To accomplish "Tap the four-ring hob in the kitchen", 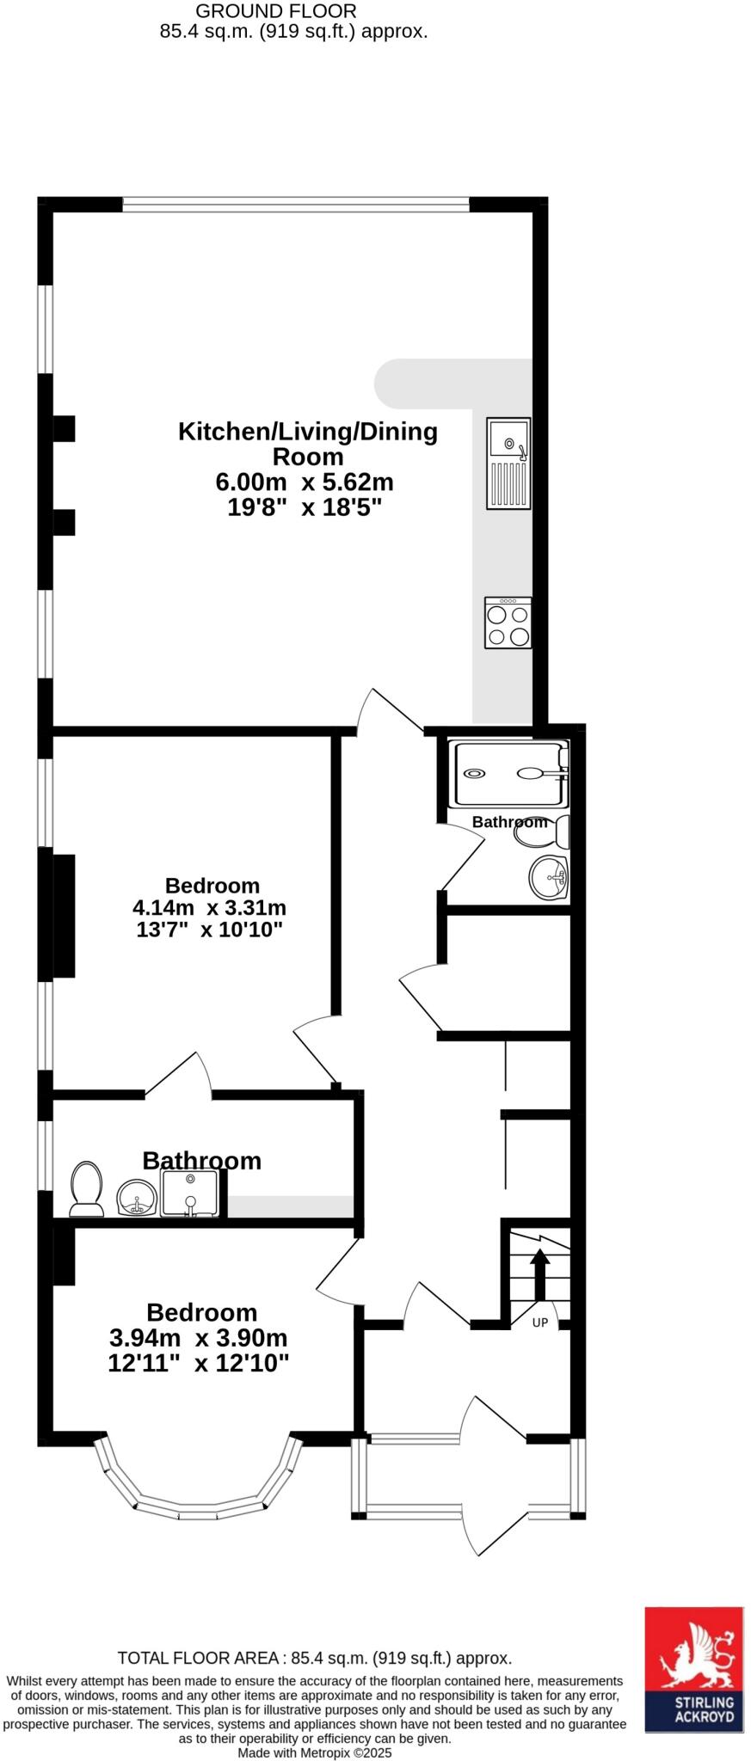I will click(x=508, y=623).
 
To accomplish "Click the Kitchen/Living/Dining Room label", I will click(x=307, y=443).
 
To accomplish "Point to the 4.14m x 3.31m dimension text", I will click(x=209, y=907).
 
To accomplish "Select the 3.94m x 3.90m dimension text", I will click(x=198, y=1338).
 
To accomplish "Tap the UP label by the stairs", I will click(x=539, y=1322).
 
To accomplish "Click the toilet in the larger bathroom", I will click(x=86, y=1189).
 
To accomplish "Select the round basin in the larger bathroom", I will click(x=137, y=1198).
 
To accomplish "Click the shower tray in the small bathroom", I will click(x=508, y=774).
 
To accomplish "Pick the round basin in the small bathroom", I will click(x=549, y=878).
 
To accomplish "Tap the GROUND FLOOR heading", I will click(x=275, y=11).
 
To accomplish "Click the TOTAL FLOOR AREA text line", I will click(x=314, y=1658).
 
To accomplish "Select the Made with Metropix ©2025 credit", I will click(x=314, y=1752).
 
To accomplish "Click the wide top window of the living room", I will click(x=295, y=205).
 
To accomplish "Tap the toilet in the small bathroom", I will click(x=561, y=831).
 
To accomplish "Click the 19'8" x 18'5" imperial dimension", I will click(x=304, y=507).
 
